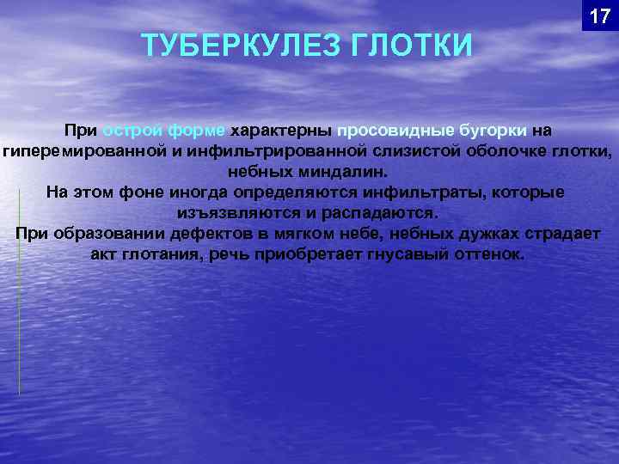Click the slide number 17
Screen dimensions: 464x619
[x=599, y=16]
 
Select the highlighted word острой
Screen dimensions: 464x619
[x=132, y=131]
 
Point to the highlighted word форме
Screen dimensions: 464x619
[x=198, y=131]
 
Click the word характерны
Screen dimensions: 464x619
[x=282, y=131]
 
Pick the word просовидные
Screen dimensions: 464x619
[x=395, y=131]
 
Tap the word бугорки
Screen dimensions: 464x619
[x=493, y=131]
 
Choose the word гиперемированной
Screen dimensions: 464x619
[x=81, y=151]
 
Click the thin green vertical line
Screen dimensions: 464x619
[x=19, y=292]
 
